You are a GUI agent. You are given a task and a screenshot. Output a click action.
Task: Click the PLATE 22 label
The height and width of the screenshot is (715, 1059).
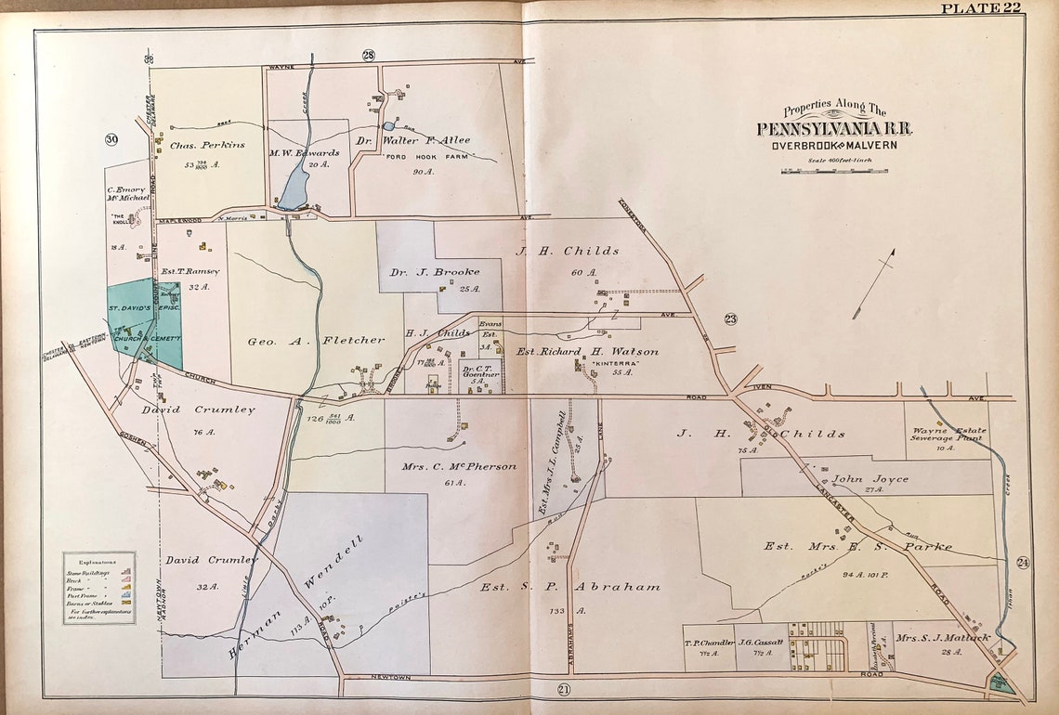pos(981,9)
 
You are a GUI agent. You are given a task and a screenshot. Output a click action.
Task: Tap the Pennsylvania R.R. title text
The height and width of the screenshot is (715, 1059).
pos(834,129)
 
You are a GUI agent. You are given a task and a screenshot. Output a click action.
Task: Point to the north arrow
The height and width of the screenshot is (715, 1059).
pos(874,283)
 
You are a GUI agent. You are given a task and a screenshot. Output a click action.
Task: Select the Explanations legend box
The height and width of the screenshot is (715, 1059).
pos(98,588)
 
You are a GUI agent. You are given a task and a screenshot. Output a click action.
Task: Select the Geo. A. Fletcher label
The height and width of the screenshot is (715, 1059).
pos(315,341)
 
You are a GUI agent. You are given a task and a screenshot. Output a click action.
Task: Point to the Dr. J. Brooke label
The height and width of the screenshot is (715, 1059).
pos(441,272)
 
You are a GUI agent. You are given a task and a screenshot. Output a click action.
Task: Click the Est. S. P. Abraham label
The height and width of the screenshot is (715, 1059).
pos(569,587)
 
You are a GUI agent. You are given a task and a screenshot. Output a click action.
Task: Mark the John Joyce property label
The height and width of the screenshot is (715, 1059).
pos(869,479)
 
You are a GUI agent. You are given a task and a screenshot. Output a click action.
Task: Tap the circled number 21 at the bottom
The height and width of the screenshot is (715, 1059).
pos(563,688)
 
